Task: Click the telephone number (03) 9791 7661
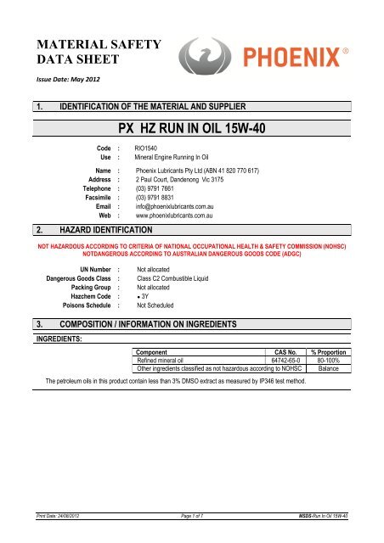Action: [x=150, y=191]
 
